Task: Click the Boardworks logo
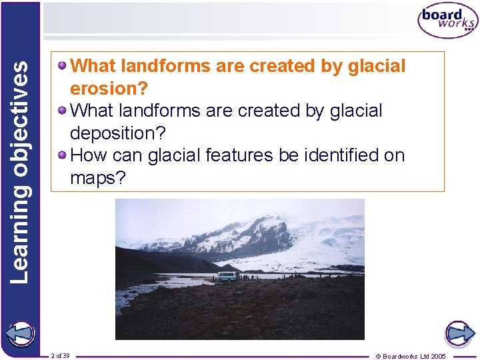point(447,21)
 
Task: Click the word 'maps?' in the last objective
point(98,178)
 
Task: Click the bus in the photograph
point(228,276)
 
